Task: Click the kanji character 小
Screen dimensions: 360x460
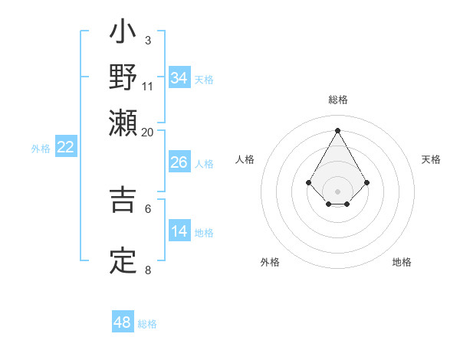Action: [x=123, y=34]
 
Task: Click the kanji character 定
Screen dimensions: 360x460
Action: [x=123, y=260]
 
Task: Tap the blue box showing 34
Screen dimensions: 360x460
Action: [x=179, y=78]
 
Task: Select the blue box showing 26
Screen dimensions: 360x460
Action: [x=179, y=162]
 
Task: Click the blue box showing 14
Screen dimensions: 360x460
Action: [x=179, y=231]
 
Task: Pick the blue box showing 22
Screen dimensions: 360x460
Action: [x=65, y=147]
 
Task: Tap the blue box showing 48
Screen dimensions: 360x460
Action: [x=123, y=322]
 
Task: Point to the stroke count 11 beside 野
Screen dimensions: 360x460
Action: [x=147, y=86]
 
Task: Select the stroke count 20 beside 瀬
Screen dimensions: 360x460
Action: [x=147, y=132]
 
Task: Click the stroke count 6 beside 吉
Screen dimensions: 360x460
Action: [x=147, y=208]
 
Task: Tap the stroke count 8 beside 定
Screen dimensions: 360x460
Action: [x=147, y=270]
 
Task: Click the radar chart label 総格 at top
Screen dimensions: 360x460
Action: [x=338, y=100]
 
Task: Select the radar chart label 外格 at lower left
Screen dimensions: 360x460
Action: [x=270, y=262]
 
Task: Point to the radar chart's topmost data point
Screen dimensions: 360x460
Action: [x=338, y=129]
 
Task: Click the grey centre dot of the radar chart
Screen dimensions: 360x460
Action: [x=338, y=191]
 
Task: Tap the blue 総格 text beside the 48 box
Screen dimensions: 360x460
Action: [x=147, y=324]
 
